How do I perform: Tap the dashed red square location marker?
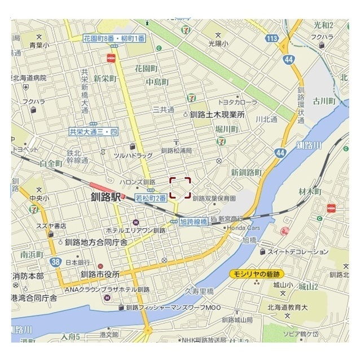pos(180,188)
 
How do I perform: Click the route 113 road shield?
pos(272,38)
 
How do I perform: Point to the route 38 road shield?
pos(55,262)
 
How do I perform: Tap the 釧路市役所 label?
pos(100,274)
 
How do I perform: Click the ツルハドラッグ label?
pos(133,155)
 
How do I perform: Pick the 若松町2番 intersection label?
pos(151,198)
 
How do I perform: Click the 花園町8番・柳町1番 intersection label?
pos(114,38)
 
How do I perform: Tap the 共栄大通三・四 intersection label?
pos(94,131)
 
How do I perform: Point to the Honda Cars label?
pos(243,228)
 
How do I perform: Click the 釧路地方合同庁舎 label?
pos(96,242)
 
